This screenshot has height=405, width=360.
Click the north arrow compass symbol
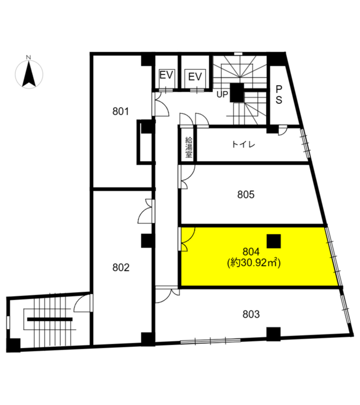[x=29, y=73]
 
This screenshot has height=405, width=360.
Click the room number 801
[x=121, y=111]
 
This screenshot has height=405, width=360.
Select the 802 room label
[x=121, y=268]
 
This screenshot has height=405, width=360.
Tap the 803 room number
[x=251, y=314]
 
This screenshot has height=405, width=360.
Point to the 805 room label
[x=246, y=194]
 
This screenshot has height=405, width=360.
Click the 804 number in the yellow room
[x=251, y=251]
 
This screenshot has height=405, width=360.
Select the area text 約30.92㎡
[x=254, y=263]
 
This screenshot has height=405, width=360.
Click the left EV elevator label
[x=166, y=75]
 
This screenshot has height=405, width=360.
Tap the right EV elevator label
[x=195, y=77]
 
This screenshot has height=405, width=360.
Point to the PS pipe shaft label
[x=279, y=95]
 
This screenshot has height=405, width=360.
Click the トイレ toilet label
[x=244, y=144]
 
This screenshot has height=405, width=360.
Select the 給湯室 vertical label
[x=188, y=147]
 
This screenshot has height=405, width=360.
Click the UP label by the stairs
[x=222, y=95]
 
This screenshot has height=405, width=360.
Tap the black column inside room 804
[x=274, y=241]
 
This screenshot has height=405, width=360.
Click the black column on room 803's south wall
[x=273, y=334]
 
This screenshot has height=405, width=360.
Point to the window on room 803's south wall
[x=211, y=341]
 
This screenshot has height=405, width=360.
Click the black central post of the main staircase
[x=237, y=93]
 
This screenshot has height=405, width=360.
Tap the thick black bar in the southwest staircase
[x=50, y=319]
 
